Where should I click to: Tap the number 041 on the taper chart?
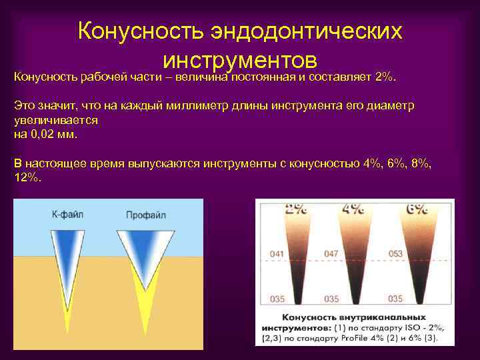277,253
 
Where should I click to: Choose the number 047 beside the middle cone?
331,253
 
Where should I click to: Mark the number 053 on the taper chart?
395,253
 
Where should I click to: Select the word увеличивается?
56,120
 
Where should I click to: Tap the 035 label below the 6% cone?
395,298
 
